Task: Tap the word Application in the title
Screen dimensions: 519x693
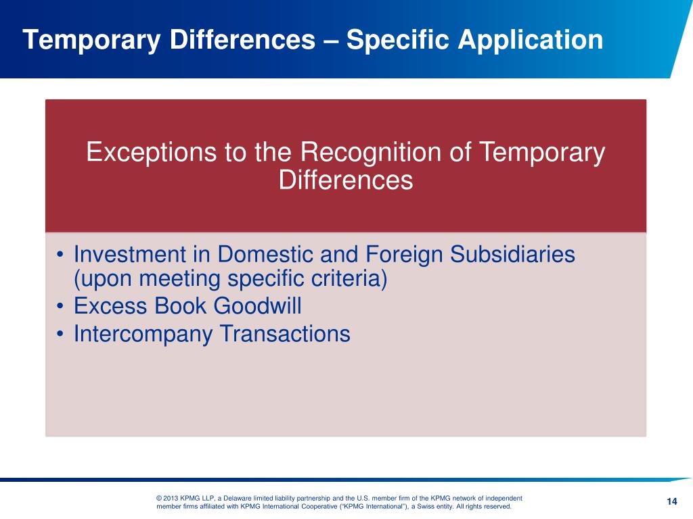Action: pos(530,41)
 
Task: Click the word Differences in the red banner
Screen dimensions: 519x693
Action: pos(346,180)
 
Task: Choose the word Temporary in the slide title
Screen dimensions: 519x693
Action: pos(91,41)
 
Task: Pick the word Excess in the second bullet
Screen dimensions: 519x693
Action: pos(110,306)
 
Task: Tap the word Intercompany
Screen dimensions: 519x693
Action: pos(140,334)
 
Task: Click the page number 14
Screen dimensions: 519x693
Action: pos(671,501)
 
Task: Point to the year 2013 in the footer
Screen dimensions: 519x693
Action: pos(172,498)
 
